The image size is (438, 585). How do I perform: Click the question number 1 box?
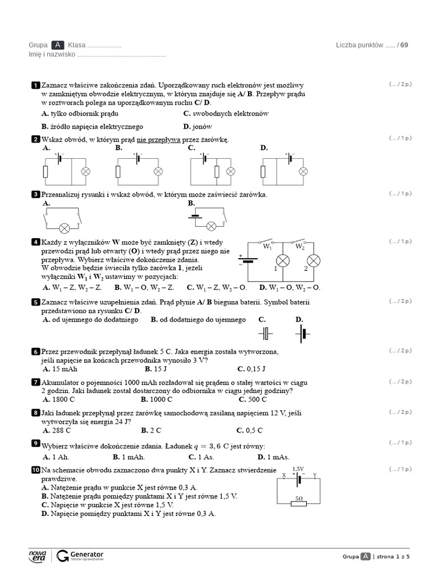(35, 85)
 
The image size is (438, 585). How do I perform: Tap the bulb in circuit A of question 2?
(86, 171)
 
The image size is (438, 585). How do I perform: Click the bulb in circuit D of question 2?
(303, 171)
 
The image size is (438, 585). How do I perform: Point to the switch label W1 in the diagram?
(267, 247)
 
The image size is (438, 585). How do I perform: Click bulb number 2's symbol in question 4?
(313, 261)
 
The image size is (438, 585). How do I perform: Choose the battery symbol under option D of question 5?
(302, 334)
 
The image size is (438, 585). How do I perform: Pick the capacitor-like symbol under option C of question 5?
(265, 334)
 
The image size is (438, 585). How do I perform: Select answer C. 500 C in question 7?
(253, 399)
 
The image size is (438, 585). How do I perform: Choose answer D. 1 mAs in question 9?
(273, 457)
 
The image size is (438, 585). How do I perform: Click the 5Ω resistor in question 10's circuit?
(299, 504)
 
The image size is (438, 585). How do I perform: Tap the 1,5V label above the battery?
(298, 469)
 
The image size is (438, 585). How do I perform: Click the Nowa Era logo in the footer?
(37, 556)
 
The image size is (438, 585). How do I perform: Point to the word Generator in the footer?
(87, 554)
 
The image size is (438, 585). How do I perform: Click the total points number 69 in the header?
(404, 45)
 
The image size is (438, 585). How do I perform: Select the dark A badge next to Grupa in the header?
(58, 45)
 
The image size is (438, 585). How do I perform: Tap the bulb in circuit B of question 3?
(211, 226)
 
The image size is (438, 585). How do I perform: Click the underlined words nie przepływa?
(159, 140)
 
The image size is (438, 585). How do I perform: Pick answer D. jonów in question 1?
(197, 126)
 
